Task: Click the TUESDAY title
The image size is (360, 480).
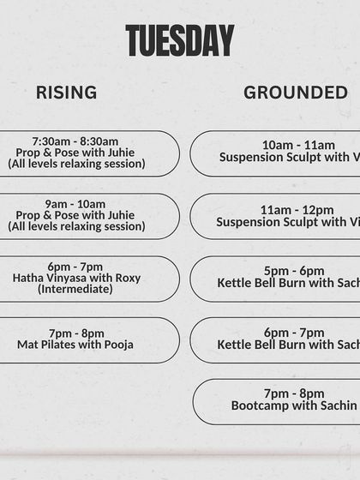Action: (179, 40)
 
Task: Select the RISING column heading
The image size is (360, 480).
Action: (66, 93)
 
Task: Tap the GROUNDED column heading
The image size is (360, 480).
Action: (296, 93)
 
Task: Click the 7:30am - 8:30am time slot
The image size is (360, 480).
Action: (75, 141)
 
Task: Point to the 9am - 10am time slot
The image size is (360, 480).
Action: (76, 204)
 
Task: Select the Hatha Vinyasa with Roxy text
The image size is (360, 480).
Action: (76, 279)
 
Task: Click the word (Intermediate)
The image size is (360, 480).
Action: (75, 290)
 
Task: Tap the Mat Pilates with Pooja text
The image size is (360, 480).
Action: (75, 345)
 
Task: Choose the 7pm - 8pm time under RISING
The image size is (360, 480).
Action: (76, 333)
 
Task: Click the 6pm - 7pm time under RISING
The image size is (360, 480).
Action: (76, 267)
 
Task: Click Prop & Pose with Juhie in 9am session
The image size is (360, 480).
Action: (75, 215)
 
